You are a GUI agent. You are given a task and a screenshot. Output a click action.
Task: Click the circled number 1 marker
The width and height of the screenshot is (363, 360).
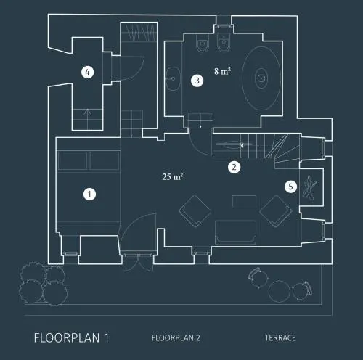[x=89, y=194]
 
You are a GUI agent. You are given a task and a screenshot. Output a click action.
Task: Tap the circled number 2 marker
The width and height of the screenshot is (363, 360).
[x=234, y=167]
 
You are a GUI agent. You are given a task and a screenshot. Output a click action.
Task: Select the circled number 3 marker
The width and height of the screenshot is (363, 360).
[x=197, y=81]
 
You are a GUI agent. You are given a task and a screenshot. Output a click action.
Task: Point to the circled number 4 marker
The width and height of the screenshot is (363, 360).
[x=88, y=72]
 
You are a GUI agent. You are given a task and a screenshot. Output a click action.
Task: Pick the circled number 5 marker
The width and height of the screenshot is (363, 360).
[x=290, y=187]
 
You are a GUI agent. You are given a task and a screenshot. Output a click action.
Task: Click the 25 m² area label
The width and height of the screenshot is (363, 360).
[x=173, y=176]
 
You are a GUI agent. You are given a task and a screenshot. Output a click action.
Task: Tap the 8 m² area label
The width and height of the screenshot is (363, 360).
[x=222, y=71]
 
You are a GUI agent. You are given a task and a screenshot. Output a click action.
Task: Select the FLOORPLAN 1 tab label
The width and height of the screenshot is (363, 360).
[x=71, y=338]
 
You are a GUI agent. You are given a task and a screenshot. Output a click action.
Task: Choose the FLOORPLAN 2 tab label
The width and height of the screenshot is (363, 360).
[x=176, y=338]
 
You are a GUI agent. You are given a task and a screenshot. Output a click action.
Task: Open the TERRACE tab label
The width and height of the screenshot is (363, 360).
[x=280, y=337]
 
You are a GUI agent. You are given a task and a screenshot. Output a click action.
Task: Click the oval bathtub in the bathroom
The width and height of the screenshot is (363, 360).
[x=261, y=78]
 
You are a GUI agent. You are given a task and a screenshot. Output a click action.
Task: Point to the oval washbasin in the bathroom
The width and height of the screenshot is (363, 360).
[x=173, y=78]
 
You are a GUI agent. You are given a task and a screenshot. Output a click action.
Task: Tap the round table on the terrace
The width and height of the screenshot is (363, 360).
[x=280, y=291]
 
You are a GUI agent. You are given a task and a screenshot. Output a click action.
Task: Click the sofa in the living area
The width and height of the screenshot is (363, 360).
[x=235, y=232]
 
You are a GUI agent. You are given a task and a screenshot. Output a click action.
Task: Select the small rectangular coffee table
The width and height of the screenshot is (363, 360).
[x=244, y=202]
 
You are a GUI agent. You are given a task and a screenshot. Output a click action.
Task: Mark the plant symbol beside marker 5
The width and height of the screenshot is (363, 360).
[x=310, y=187]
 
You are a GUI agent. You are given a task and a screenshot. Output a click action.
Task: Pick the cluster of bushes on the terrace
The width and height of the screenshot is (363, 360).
[x=43, y=284]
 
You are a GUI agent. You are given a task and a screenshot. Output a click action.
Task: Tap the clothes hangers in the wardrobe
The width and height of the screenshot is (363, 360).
[x=142, y=33]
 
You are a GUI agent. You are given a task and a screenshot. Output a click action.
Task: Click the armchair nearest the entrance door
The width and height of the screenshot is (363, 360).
[x=195, y=211]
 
